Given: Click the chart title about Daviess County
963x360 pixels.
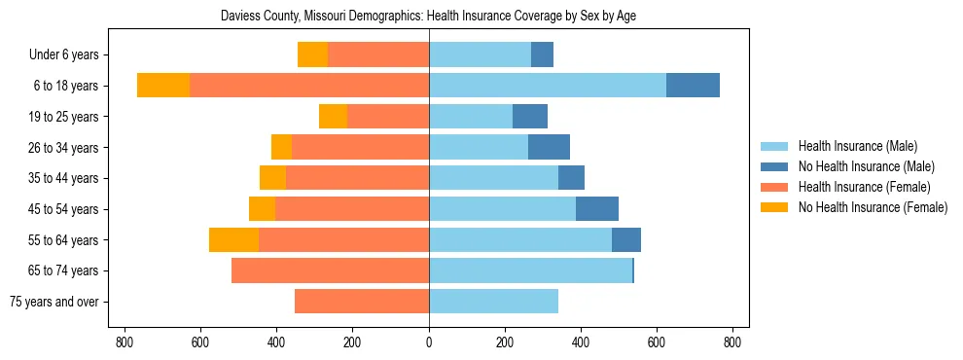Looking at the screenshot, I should tap(429, 17).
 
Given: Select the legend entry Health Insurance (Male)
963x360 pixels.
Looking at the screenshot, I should tap(857, 146).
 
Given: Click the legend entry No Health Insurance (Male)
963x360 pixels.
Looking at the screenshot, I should tap(866, 166).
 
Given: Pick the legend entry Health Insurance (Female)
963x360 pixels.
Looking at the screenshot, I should tap(864, 187).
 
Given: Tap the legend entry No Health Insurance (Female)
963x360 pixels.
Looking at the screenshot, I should tap(873, 207).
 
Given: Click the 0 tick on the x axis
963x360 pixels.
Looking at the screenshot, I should tap(429, 342).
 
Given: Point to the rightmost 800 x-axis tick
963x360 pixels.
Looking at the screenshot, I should tap(733, 342).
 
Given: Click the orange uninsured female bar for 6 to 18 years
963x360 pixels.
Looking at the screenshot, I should tap(163, 86).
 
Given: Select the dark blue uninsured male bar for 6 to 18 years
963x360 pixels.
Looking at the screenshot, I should tap(693, 86).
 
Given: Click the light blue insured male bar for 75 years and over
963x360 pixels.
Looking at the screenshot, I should tap(493, 302).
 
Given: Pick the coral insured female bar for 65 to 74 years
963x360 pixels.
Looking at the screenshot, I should tap(330, 270).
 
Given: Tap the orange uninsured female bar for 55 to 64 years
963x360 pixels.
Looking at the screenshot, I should tap(233, 240).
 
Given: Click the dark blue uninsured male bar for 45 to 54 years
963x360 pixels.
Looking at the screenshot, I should tap(597, 209).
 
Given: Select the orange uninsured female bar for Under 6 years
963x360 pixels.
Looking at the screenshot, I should tap(312, 55).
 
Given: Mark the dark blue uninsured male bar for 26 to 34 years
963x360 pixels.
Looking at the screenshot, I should tap(549, 148).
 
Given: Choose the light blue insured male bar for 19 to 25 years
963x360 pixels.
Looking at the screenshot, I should tap(471, 117).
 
